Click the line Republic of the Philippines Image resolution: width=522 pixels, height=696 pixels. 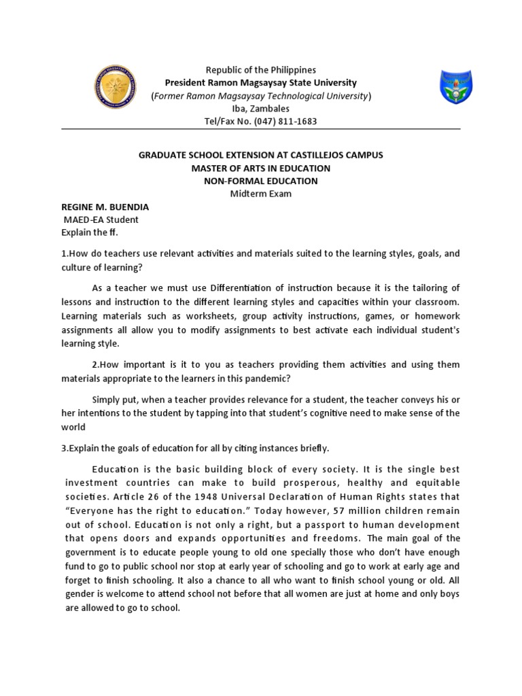click(261, 70)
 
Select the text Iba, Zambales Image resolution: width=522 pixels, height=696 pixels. click(261, 109)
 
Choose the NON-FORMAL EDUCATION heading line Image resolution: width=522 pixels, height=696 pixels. click(261, 181)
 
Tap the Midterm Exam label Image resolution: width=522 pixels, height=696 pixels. click(261, 194)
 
